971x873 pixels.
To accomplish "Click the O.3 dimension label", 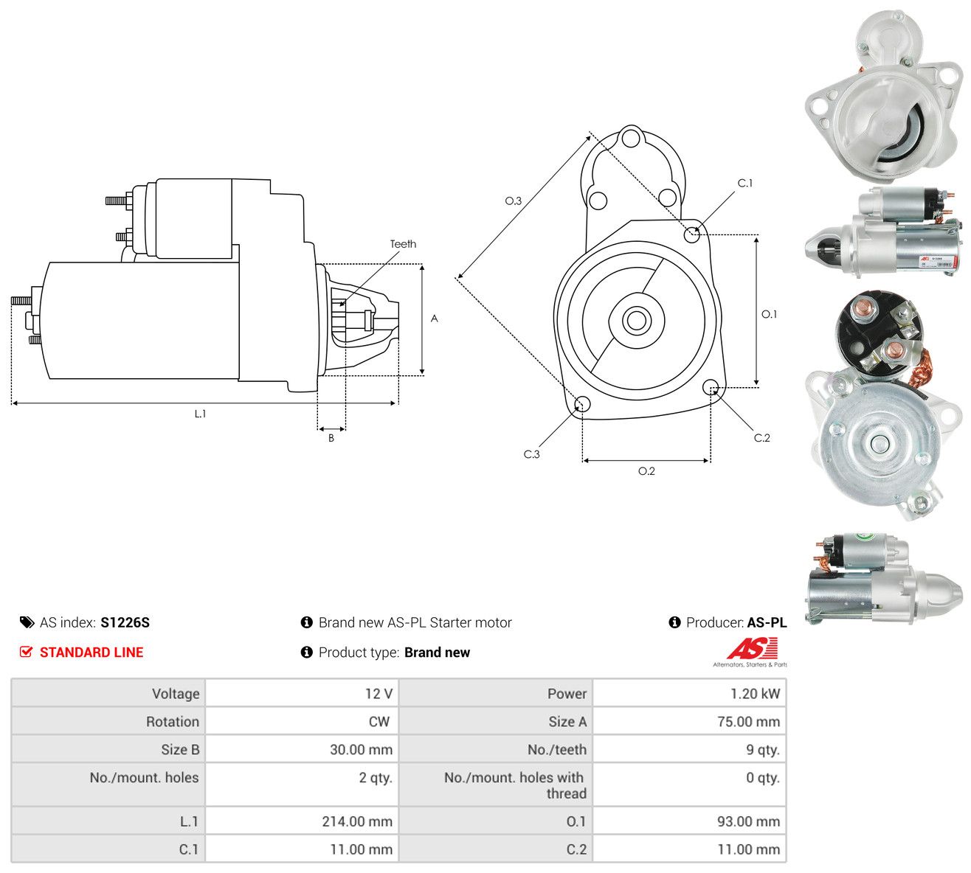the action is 513,201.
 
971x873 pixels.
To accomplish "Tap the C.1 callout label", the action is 745,183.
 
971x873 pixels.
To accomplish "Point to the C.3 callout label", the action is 531,454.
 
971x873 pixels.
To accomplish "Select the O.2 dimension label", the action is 646,471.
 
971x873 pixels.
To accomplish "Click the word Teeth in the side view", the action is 403,244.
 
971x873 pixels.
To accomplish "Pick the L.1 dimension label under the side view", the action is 200,414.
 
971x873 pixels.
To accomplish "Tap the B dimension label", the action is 331,438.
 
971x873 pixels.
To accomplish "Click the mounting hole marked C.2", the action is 710,386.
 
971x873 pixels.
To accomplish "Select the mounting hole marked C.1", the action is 691,234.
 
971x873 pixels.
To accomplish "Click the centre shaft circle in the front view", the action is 636,320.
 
